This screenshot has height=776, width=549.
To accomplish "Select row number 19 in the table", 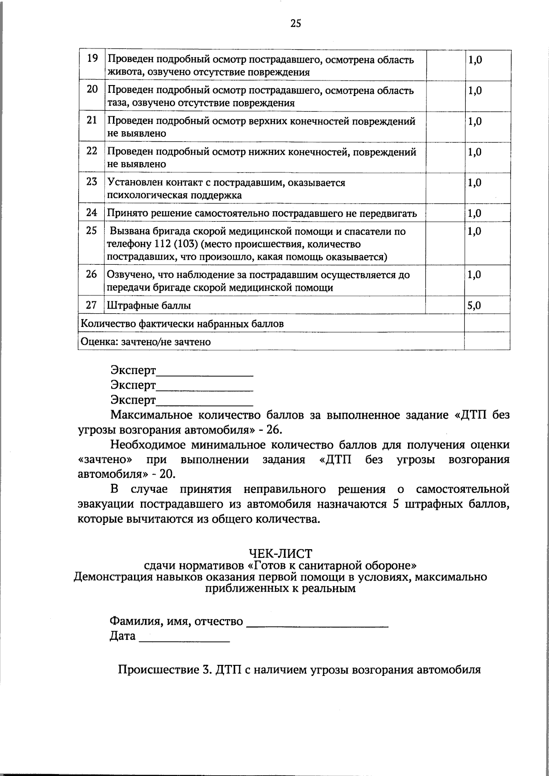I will pyautogui.click(x=92, y=59).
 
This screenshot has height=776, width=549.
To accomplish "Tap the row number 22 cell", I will pyautogui.click(x=92, y=151).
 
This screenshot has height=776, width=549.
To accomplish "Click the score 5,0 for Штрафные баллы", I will pyautogui.click(x=474, y=305).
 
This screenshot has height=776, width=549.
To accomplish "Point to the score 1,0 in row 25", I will pyautogui.click(x=474, y=231).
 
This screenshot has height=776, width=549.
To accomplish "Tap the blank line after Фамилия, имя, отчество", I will pyautogui.click(x=317, y=624).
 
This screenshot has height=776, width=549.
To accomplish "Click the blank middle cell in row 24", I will pyautogui.click(x=445, y=213).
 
